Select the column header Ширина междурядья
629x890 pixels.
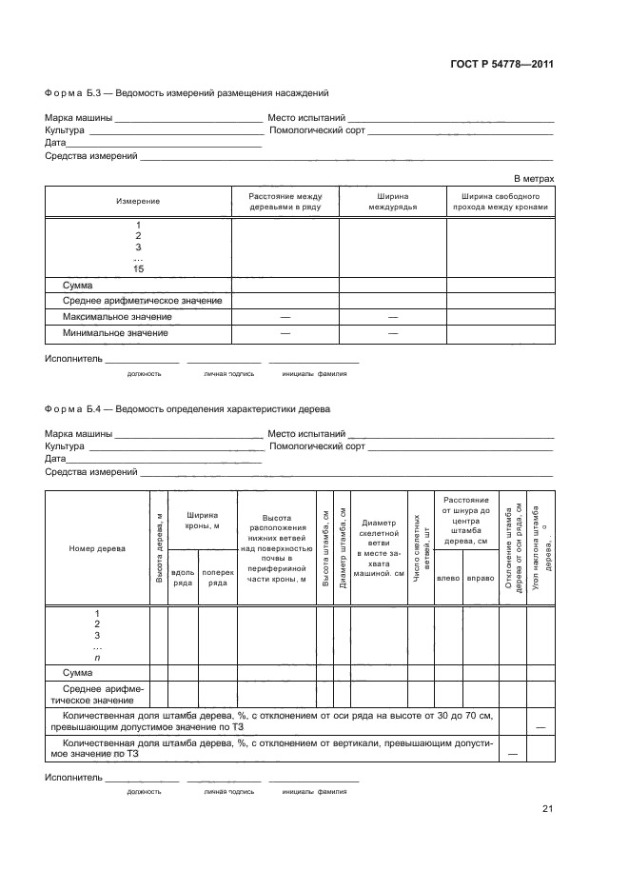pyautogui.click(x=393, y=201)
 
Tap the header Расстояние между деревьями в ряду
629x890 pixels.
pyautogui.click(x=285, y=201)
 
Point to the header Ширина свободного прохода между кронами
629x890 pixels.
pyautogui.click(x=501, y=201)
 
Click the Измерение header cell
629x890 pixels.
pyautogui.click(x=138, y=202)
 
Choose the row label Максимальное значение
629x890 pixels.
pyautogui.click(x=117, y=317)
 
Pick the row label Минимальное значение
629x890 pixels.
pyautogui.click(x=115, y=333)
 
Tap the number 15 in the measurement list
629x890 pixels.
pyautogui.click(x=139, y=269)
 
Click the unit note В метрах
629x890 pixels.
pyautogui.click(x=534, y=178)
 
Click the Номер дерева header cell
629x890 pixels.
pyautogui.click(x=96, y=548)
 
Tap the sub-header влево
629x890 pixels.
pyautogui.click(x=448, y=578)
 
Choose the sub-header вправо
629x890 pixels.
pyautogui.click(x=481, y=578)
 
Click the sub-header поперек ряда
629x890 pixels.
pyautogui.click(x=218, y=578)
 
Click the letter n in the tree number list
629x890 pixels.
pyautogui.click(x=97, y=658)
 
